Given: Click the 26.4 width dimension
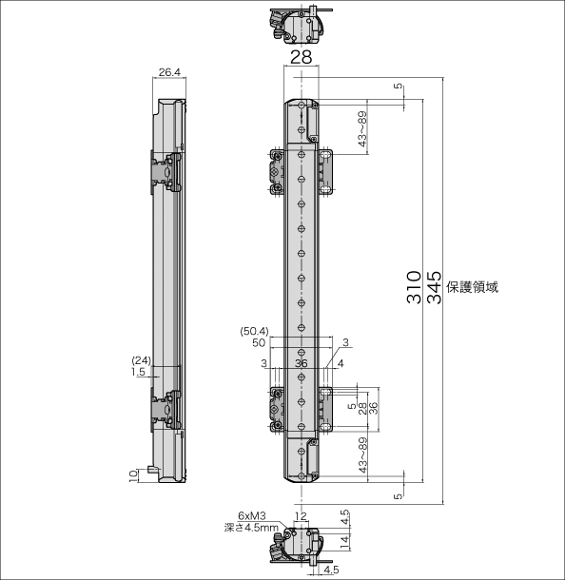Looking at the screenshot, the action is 169,72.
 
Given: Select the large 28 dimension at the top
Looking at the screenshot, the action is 301,57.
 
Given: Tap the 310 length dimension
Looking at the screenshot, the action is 414,287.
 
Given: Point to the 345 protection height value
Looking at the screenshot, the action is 435,287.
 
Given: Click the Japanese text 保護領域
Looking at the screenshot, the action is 473,287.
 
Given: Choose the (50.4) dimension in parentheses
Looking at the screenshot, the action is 255,331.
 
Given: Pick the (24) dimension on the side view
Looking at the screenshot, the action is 142,360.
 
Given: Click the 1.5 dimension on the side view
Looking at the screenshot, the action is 138,372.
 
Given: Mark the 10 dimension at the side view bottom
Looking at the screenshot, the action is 133,475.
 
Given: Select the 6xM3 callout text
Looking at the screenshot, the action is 252,515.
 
